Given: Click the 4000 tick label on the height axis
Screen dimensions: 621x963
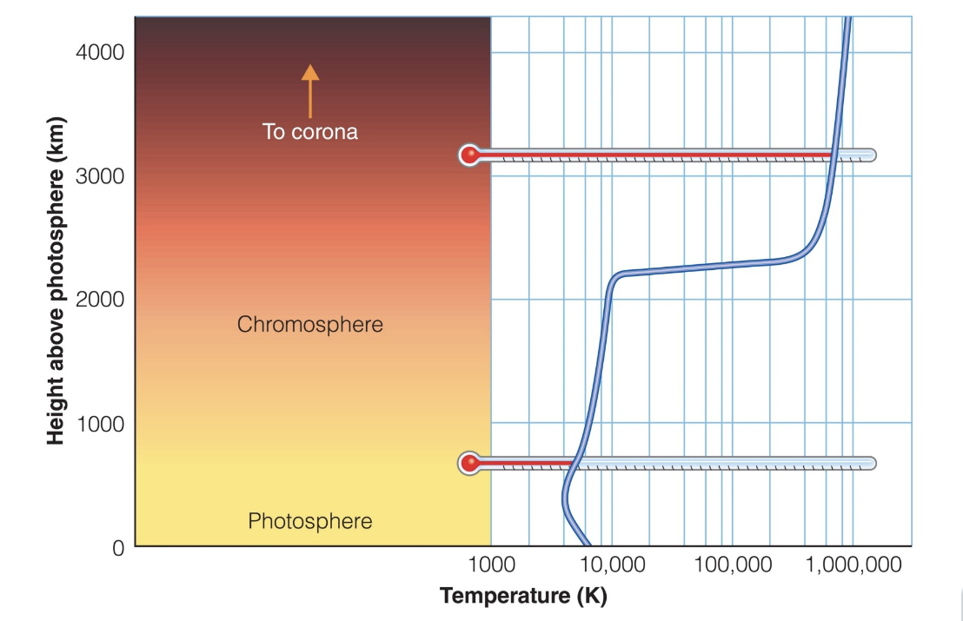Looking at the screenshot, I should (x=100, y=52).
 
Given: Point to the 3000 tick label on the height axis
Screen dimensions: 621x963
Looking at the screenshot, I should (x=100, y=176).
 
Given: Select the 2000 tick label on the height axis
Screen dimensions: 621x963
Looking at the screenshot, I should (x=100, y=300).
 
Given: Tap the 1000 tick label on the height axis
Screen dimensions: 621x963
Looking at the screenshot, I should (x=100, y=424).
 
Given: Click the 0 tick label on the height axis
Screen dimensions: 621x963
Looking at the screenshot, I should (x=117, y=547).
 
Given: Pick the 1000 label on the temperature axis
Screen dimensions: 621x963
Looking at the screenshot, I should (x=491, y=565).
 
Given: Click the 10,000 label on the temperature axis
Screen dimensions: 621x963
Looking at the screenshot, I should (x=612, y=565).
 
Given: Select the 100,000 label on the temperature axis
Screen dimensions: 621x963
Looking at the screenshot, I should (x=733, y=565).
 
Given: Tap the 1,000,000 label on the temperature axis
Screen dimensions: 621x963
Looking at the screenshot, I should (x=853, y=565).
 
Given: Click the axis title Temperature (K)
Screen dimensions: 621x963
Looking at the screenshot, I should (x=523, y=596).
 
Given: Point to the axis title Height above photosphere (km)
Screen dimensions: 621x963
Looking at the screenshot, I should (x=56, y=281).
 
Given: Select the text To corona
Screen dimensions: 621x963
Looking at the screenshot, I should (x=310, y=133).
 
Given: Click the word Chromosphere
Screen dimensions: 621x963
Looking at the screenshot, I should (x=310, y=325).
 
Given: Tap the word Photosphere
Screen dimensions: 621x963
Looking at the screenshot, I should (x=310, y=521).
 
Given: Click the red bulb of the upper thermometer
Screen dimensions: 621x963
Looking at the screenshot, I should (x=470, y=155).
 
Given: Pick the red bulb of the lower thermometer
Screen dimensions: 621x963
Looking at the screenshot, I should (x=470, y=463).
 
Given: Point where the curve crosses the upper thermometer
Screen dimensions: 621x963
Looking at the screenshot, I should (x=833, y=155).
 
